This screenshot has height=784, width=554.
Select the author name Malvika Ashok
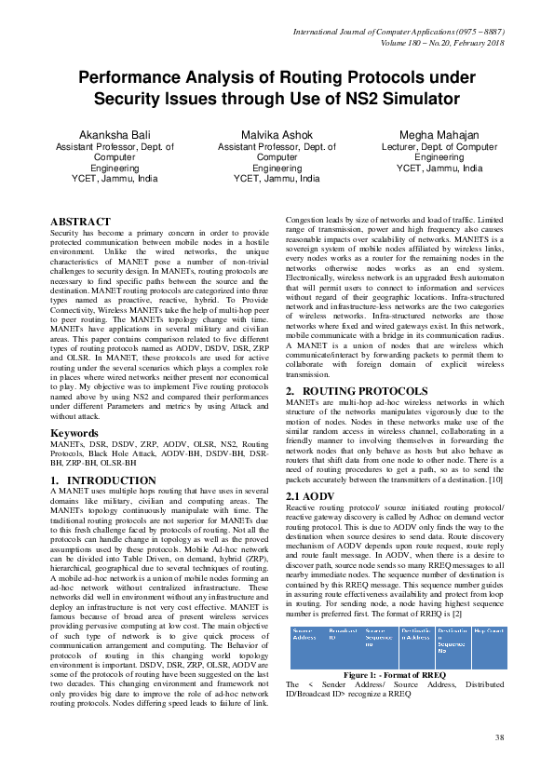point(277,135)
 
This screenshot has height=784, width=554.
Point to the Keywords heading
point(74,434)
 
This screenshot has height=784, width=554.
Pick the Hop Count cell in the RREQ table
point(490,631)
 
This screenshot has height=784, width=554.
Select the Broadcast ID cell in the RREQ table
point(344,634)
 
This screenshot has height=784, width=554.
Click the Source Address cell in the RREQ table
point(304,634)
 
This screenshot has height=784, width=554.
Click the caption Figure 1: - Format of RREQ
point(396,673)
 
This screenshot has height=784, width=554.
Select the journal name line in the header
point(399,33)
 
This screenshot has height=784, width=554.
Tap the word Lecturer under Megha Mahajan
point(402,146)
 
